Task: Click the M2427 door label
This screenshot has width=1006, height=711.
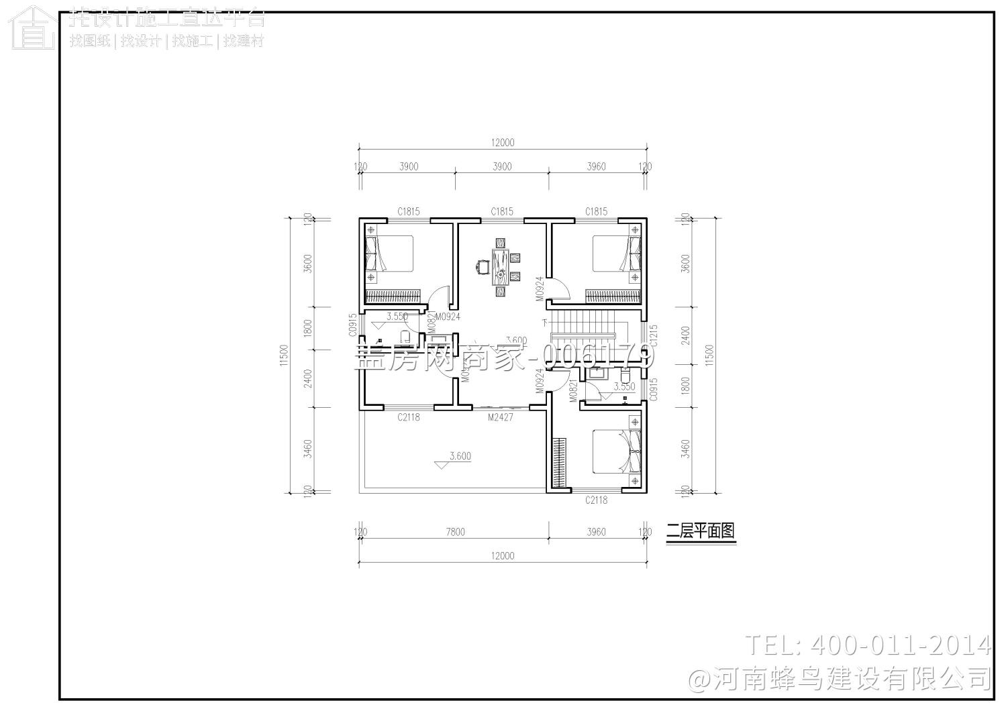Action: tap(501, 417)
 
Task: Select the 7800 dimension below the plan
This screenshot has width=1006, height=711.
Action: tap(454, 532)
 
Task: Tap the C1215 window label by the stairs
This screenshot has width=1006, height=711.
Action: tap(654, 336)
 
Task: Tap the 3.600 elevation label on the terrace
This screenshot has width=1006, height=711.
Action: tap(460, 456)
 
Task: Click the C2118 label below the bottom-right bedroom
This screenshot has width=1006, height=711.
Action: tap(596, 500)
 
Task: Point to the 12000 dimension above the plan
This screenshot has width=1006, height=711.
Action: tap(502, 142)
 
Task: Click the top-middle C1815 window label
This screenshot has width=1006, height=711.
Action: tap(502, 211)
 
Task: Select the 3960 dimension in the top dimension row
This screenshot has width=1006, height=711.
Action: tap(596, 166)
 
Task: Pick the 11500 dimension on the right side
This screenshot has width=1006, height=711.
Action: tap(710, 356)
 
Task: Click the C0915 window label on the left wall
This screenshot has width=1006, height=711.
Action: tap(352, 325)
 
